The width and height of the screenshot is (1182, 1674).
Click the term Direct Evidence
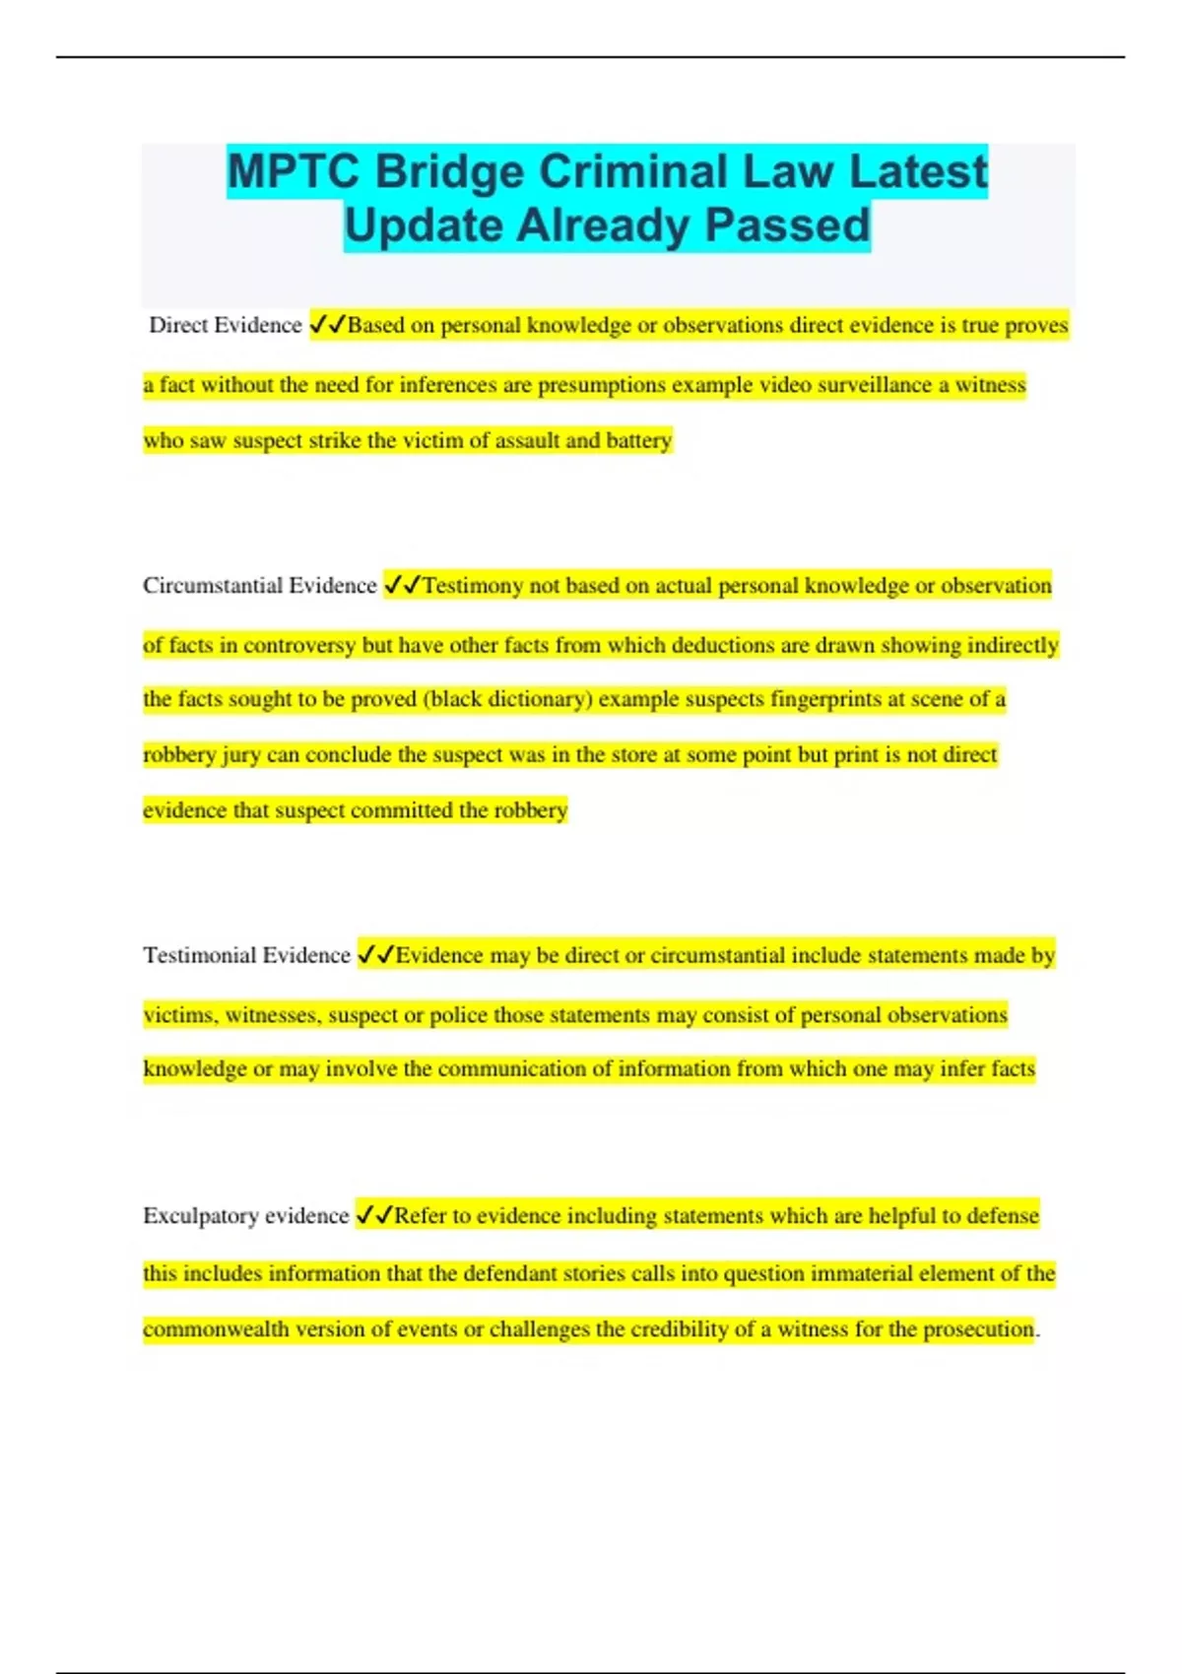click(225, 326)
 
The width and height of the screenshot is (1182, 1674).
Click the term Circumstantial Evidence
click(259, 586)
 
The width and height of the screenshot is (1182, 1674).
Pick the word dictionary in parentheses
click(536, 699)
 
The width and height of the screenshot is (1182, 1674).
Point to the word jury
click(241, 755)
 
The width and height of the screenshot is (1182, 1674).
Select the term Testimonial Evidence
click(246, 955)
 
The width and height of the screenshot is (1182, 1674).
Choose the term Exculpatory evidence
click(245, 1216)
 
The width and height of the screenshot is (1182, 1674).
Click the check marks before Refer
click(374, 1215)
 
